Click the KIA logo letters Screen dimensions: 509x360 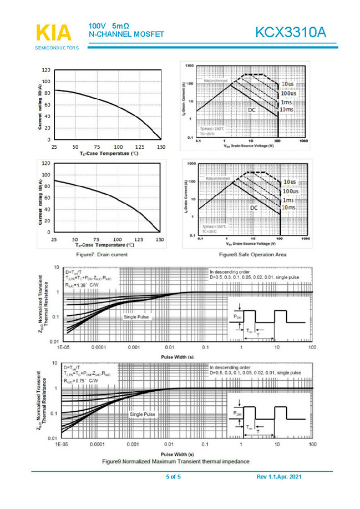pos(54,33)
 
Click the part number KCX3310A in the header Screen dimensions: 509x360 pos(290,33)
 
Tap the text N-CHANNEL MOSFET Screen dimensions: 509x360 pos(126,34)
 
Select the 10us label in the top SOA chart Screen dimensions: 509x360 pos(288,84)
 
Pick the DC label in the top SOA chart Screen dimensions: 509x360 pos(252,110)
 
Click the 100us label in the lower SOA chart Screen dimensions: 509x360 pos(290,191)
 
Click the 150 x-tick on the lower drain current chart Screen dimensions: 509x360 pos(160,239)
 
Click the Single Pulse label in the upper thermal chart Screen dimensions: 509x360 pos(136,317)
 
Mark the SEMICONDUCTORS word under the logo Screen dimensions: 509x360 pos(57,48)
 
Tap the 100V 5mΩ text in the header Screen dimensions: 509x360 pos(109,26)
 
